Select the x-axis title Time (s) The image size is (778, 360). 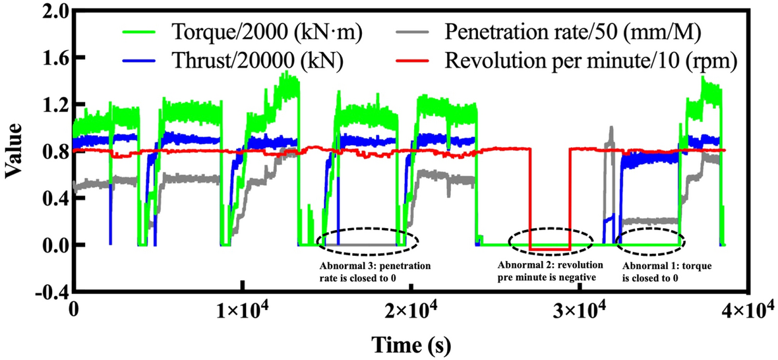tap(410, 345)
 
